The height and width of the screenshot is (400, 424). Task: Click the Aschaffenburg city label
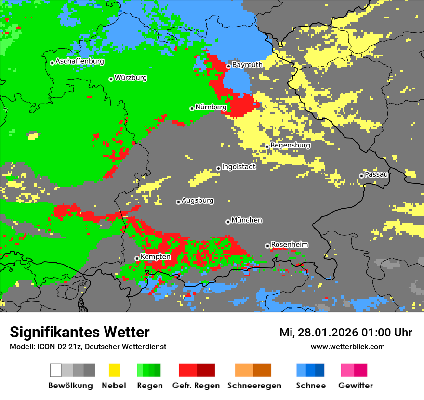coord(79,62)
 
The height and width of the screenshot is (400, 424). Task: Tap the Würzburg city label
coord(131,78)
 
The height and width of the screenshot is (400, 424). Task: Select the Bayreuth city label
coord(247,65)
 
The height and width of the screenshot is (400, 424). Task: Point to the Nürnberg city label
coord(211,107)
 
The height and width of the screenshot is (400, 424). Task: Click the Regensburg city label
coord(290,145)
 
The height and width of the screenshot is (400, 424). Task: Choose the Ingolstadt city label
coord(238,167)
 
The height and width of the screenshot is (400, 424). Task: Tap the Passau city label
coord(377,174)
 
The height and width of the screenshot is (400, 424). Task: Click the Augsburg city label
coord(198,200)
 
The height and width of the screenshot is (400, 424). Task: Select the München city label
coord(247,220)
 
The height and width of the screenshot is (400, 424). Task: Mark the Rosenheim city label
coord(289,245)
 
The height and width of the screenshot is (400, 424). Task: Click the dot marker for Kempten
coord(137,258)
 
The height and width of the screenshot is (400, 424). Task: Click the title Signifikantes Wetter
coord(79,333)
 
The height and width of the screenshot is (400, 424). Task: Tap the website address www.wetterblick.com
coord(347,347)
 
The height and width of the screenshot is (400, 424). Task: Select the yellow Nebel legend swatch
coord(114,370)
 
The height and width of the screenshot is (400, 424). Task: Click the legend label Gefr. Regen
coord(196,386)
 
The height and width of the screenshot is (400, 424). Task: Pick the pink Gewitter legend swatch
coord(347,370)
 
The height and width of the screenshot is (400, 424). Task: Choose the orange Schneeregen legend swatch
coord(244,370)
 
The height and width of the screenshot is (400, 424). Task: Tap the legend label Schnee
coord(311,386)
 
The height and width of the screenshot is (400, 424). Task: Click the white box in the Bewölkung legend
coord(56,370)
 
